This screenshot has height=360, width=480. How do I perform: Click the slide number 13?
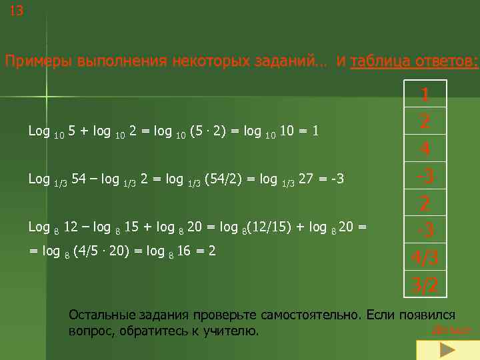click(x=16, y=11)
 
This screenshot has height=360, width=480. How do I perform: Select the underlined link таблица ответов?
click(x=414, y=62)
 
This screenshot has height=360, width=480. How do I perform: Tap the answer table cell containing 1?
click(x=425, y=95)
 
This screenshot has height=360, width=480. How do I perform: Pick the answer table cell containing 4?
click(x=425, y=149)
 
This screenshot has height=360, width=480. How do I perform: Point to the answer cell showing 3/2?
click(x=425, y=285)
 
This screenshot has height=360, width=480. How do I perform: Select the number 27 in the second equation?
click(x=305, y=179)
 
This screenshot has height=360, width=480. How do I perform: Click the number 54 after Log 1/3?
click(x=79, y=179)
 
